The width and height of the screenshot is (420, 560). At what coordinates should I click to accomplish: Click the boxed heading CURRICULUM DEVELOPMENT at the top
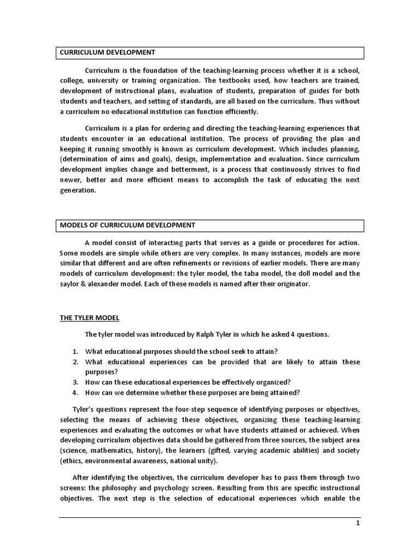[x=108, y=52]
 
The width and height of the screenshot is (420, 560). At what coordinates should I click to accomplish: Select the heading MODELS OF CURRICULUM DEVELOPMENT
[x=127, y=225]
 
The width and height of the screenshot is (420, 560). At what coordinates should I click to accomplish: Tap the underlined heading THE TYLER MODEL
[x=90, y=318]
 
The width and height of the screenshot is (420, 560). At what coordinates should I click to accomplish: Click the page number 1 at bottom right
[x=358, y=523]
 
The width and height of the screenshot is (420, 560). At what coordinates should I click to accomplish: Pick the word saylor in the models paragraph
[x=71, y=283]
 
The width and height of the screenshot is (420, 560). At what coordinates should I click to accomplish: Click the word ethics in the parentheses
[x=71, y=460]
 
